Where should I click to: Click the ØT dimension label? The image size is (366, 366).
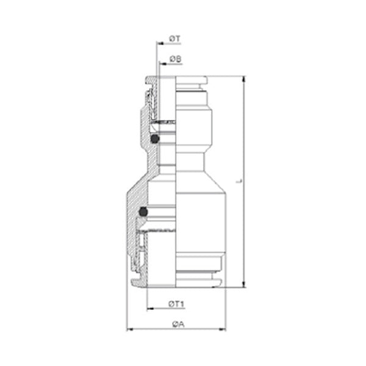point(175,38)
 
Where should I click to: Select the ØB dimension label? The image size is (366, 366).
point(176,59)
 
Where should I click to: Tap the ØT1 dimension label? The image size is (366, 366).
point(176,304)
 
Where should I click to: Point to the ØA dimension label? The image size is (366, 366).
point(178,325)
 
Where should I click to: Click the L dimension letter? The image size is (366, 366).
point(239,181)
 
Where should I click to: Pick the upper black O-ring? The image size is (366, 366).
point(155,139)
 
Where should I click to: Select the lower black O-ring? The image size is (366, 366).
point(143,212)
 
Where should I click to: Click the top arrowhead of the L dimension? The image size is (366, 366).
point(244,79)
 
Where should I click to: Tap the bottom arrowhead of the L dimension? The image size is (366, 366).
point(244,284)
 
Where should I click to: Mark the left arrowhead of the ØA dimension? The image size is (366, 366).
point(130,329)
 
